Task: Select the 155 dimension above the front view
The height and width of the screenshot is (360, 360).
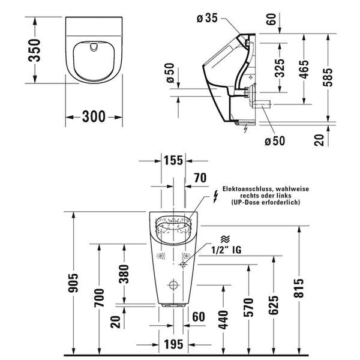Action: [173, 160]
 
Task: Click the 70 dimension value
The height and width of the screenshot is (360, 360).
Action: [199, 177]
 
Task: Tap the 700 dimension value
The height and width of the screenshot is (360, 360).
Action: [100, 299]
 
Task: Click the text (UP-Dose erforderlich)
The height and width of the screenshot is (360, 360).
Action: [266, 203]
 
